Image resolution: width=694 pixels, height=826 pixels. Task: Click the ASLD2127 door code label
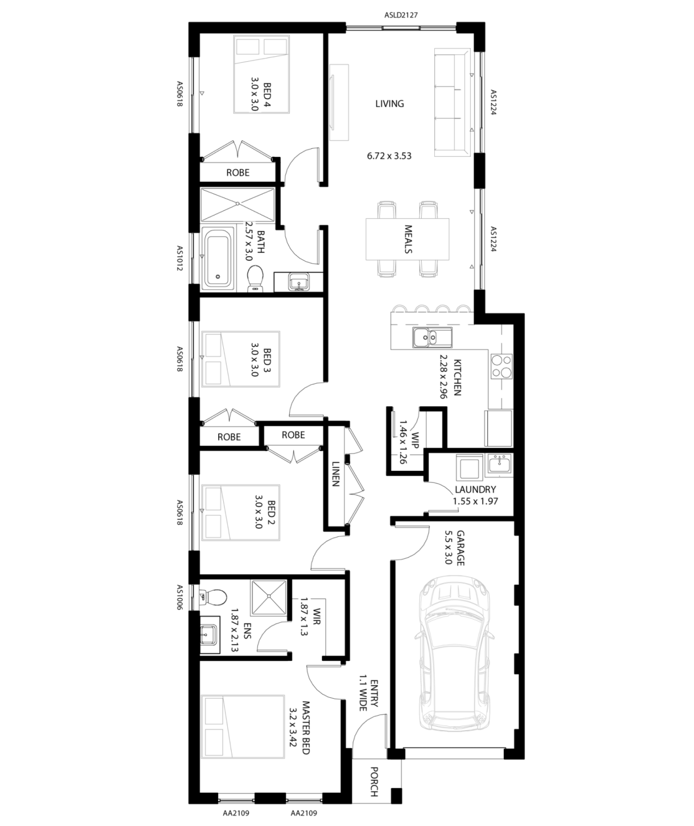tap(401, 15)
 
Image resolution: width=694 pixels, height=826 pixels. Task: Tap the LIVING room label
tap(390, 104)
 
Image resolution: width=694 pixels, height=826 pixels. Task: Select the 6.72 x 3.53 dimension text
tap(389, 156)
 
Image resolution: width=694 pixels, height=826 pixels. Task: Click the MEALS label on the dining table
tap(408, 240)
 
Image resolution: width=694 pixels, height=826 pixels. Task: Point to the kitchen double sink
tap(432, 338)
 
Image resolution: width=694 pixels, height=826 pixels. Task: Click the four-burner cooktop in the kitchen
tap(502, 366)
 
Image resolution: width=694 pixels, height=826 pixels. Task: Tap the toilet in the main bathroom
tap(256, 279)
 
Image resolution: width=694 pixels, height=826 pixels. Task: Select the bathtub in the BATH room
tap(217, 258)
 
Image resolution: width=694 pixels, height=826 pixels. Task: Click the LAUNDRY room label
tap(475, 490)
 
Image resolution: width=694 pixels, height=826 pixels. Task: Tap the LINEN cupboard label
tap(336, 474)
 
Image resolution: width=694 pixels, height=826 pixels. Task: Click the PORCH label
tap(374, 782)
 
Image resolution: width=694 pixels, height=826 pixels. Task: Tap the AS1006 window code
tap(180, 597)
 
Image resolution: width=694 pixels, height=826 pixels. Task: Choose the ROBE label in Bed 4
tap(238, 172)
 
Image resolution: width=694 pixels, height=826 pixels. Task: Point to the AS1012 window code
tap(180, 258)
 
